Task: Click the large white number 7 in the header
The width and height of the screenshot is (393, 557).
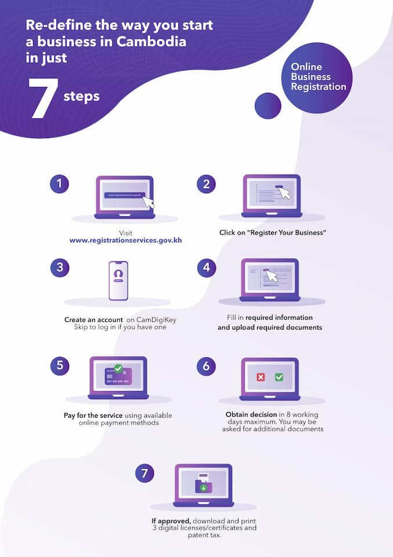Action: point(42,98)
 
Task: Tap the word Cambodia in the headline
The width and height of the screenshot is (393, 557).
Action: point(151,42)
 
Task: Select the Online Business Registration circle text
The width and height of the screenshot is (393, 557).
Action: point(318,77)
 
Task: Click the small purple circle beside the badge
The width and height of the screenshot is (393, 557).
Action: point(268,106)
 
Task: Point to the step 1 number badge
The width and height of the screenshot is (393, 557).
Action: point(59,184)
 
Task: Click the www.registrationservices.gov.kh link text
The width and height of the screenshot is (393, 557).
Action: point(125,240)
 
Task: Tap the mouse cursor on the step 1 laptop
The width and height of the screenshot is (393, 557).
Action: point(149,202)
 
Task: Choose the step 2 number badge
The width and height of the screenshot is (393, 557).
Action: point(206,184)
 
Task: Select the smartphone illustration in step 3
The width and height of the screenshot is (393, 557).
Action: point(118,281)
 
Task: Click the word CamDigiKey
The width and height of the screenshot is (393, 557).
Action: point(156,320)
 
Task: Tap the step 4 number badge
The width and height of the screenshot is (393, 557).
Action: point(207,267)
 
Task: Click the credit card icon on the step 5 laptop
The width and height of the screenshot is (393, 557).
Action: point(118,377)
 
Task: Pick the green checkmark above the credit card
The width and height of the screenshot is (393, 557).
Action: point(118,368)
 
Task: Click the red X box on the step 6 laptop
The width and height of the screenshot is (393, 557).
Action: point(261,377)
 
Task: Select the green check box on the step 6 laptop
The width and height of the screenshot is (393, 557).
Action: point(279,377)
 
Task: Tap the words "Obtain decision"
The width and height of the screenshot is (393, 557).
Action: point(251,414)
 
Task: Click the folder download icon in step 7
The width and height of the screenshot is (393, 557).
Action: point(204,484)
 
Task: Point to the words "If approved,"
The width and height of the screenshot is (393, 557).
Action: point(171,521)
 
